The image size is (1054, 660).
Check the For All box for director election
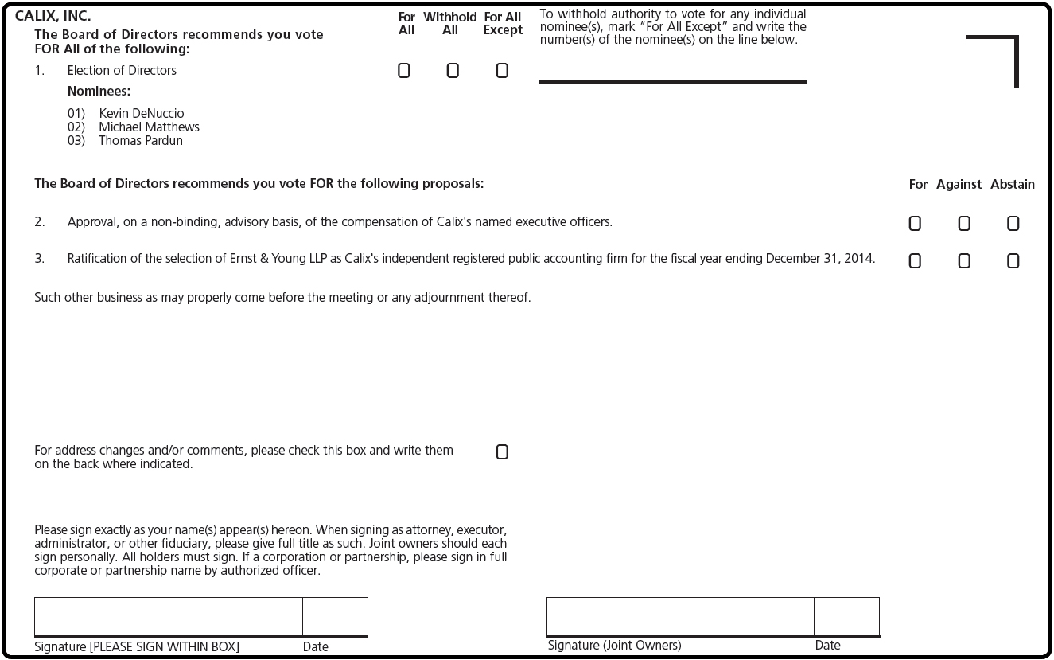tap(404, 71)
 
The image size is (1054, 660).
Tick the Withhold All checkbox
tap(453, 71)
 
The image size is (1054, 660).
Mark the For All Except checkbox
tap(502, 71)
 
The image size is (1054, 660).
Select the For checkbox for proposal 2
tap(915, 224)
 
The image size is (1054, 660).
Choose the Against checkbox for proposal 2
tap(964, 224)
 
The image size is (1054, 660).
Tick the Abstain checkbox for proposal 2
tap(1013, 224)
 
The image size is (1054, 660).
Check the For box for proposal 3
tap(915, 261)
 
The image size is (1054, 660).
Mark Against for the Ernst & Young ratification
tap(964, 261)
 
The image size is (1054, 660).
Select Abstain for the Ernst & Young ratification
tap(1013, 261)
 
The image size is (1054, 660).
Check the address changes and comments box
tap(502, 452)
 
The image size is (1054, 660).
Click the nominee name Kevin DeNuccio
tap(141, 114)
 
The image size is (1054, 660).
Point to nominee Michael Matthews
tap(149, 127)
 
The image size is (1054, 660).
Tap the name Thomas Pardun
tap(140, 141)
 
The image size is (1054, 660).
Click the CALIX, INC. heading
tap(53, 16)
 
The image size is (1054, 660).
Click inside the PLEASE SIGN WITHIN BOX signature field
tap(168, 616)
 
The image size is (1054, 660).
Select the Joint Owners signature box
tap(680, 616)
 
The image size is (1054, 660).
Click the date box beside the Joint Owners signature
tap(846, 616)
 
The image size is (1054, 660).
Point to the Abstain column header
tap(1012, 185)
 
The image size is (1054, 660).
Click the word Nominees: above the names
tap(99, 92)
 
